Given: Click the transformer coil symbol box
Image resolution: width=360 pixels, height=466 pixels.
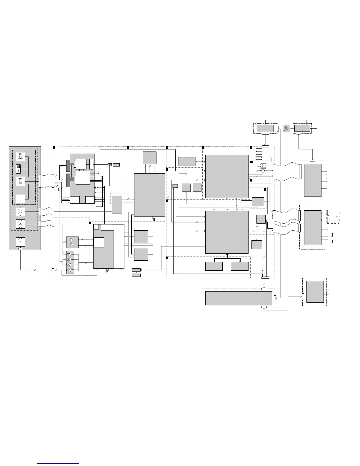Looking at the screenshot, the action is [286, 129].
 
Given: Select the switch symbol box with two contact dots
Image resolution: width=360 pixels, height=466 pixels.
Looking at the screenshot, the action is [263, 170].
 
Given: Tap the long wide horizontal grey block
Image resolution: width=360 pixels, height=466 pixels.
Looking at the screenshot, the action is [239, 298].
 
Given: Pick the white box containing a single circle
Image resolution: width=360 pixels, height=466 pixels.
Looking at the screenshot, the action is [20, 242].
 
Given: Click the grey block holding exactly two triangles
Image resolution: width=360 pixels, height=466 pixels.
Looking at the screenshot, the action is [72, 242].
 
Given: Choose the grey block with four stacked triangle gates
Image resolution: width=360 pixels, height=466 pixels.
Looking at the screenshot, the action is [70, 262].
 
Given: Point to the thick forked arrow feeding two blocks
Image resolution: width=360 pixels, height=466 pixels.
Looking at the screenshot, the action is [227, 258].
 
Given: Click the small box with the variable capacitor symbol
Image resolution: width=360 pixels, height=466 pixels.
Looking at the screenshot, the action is [110, 165].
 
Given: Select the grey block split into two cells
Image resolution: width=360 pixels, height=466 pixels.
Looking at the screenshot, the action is [302, 128].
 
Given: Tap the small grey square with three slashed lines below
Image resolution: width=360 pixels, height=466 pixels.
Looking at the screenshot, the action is [149, 158].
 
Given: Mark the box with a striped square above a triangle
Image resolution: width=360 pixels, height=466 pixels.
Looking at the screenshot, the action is [18, 169].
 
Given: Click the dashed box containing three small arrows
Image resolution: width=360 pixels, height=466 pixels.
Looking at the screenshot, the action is [333, 217].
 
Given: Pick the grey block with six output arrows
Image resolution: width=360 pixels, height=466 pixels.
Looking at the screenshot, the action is [312, 180].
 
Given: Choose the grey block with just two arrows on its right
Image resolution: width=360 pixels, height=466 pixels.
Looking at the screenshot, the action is [315, 292].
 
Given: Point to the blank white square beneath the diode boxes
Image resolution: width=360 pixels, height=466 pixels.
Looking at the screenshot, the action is [20, 199].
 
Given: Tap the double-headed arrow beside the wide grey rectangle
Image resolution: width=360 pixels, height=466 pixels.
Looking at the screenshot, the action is [200, 161].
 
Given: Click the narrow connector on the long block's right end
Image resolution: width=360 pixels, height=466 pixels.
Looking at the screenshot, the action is [275, 298].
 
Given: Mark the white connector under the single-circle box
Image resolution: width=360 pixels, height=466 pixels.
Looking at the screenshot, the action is [20, 249].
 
